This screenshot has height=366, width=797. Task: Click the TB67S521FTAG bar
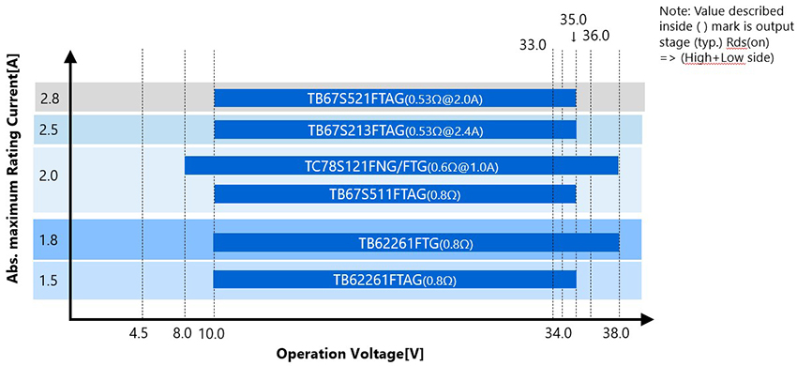pos(395,99)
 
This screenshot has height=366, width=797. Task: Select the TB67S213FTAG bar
pos(395,130)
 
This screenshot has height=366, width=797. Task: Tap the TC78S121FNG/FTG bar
pos(401,166)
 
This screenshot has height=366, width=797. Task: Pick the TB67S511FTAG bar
pos(395,194)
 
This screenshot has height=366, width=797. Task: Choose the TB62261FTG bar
pos(416,242)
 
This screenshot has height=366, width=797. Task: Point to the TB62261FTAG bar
pos(395,279)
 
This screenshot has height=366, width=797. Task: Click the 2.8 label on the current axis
pos(49,99)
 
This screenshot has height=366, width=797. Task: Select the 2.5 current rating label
pos(49,130)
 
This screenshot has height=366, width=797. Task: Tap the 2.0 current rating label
pos(49,175)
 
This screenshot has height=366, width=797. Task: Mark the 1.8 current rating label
pos(49,241)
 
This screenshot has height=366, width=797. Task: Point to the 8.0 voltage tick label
pos(182,332)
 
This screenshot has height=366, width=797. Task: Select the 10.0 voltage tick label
pos(213,332)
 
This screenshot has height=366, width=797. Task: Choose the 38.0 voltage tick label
pos(617,332)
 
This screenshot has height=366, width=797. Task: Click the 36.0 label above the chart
pos(596,36)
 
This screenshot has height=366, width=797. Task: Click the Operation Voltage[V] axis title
pos(350,354)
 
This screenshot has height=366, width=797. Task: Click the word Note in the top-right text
pos(675,10)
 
